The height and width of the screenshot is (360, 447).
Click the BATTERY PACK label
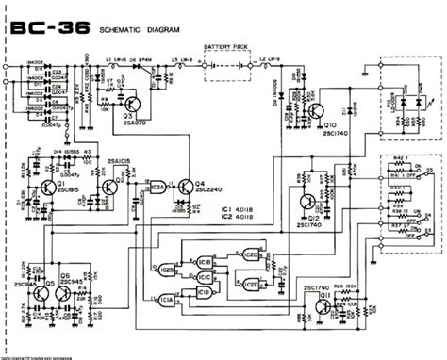pos(225,47)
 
